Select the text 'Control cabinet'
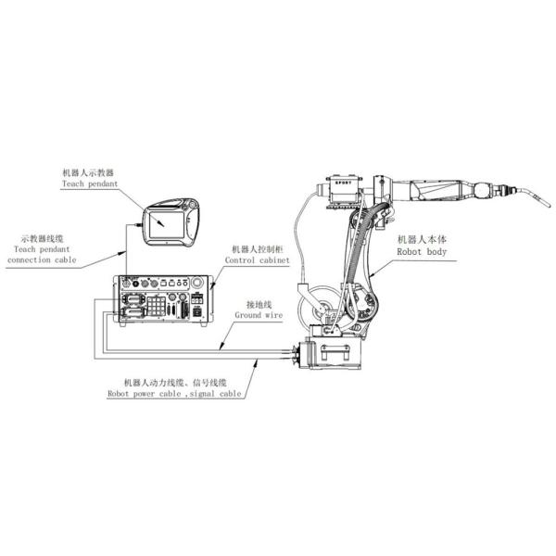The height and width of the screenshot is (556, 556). pos(259,261)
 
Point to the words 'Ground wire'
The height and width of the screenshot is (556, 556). pos(258,315)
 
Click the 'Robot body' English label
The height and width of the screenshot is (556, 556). pos(422,250)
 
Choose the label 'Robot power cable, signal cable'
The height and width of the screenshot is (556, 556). pos(173,393)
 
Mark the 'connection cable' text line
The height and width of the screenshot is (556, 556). pos(42,261)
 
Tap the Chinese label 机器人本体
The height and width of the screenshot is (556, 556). pos(422,238)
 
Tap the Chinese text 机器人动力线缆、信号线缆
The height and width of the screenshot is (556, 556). pos(175,382)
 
